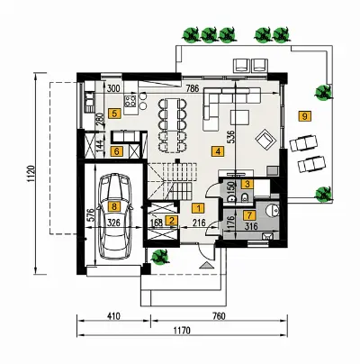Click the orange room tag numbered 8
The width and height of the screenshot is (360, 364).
point(113,206)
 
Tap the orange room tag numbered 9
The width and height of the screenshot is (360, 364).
point(305,115)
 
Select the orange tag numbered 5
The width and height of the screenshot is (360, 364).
point(115,114)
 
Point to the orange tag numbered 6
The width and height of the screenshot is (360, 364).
point(117,151)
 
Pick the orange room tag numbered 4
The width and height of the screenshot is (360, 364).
point(218,150)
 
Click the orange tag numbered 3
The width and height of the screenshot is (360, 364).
point(247,184)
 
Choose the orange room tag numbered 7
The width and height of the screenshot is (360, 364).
point(249,215)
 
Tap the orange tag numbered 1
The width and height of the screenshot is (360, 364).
point(198,208)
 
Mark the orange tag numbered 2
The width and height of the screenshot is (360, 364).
point(172,221)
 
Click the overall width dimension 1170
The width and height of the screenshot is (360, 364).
point(182,330)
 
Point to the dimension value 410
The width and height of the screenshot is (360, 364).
point(113,316)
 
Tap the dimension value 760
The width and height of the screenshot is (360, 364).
point(219,316)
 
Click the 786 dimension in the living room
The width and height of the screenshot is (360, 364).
point(193,88)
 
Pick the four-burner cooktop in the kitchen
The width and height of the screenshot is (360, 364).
point(130,101)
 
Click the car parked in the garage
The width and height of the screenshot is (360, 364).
point(114,215)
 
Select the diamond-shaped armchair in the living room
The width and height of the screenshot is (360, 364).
point(265,139)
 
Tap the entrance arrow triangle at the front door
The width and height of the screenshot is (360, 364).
point(207,265)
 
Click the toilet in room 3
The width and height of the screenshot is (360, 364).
point(245,197)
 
